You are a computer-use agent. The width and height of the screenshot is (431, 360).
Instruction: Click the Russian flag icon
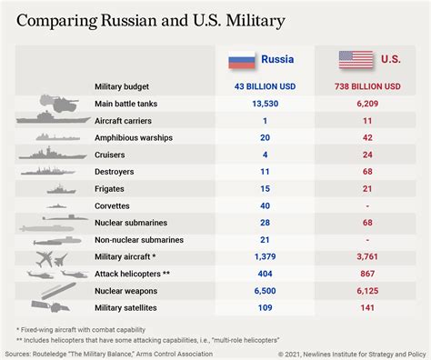[x=242, y=60]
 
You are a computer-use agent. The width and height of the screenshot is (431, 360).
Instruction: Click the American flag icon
[x=356, y=59]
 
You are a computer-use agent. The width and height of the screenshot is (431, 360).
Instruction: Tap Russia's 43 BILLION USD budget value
[x=265, y=86]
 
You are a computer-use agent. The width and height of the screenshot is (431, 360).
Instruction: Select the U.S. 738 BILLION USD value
[x=367, y=86]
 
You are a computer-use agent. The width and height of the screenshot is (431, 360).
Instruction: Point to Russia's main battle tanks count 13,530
[x=266, y=104]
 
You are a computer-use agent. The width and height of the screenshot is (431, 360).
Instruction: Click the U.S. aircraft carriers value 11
[x=367, y=121]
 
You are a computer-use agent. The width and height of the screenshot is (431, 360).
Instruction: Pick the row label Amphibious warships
[x=134, y=138]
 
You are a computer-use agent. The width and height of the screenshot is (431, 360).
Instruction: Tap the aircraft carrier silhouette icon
[x=54, y=117]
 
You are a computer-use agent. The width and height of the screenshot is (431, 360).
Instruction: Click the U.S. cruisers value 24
[x=367, y=155]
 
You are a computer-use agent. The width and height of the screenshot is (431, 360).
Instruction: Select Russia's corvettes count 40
[x=265, y=206]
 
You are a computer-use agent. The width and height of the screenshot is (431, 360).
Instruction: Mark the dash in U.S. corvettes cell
[x=367, y=206]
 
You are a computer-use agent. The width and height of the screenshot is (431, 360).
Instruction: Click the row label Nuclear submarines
[x=131, y=223]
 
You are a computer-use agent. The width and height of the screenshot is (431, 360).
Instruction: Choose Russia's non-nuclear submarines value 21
[x=265, y=240]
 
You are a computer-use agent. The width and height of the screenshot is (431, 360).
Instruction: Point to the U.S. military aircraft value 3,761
[x=367, y=257]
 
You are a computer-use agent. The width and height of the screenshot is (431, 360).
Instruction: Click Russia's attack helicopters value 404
[x=265, y=274]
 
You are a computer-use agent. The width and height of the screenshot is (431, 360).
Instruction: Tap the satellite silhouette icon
[x=51, y=306]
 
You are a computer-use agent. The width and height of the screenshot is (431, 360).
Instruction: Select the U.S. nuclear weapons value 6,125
[x=367, y=291]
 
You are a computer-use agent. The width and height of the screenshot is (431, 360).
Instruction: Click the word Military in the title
[x=256, y=21]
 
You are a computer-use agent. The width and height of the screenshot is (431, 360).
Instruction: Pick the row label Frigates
[x=109, y=189]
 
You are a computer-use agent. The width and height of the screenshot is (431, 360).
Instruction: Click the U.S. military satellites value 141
[x=367, y=308]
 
